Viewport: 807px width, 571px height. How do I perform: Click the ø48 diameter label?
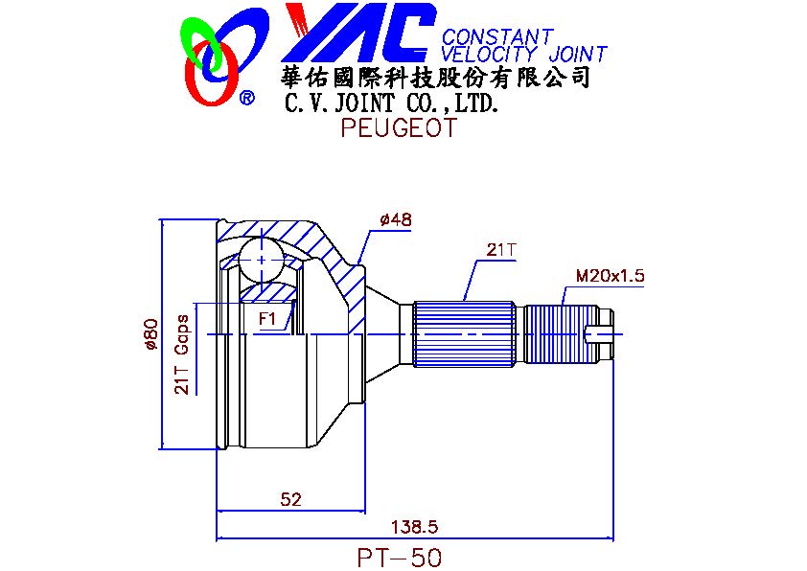click(395, 220)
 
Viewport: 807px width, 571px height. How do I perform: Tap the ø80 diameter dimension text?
click(150, 334)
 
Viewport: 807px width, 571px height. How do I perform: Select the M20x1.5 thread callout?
click(610, 276)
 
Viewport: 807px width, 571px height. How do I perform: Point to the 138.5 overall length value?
click(414, 527)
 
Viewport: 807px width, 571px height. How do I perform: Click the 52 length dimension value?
click(290, 499)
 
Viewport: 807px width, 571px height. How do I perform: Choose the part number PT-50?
click(400, 558)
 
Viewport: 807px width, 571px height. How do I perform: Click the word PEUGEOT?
click(399, 127)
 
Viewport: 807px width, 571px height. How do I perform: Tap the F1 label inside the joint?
click(267, 319)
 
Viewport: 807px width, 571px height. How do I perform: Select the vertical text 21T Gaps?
click(182, 354)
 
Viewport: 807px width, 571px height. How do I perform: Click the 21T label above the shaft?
click(500, 250)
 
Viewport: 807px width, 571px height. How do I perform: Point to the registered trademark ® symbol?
click(247, 97)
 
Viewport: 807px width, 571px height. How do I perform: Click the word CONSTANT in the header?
click(497, 36)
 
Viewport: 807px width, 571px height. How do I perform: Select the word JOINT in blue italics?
click(578, 54)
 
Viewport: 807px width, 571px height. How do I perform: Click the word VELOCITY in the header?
click(489, 54)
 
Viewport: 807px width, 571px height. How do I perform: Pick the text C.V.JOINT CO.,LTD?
click(392, 103)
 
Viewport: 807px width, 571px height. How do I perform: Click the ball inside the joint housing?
click(262, 261)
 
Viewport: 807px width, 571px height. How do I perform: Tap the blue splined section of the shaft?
click(464, 334)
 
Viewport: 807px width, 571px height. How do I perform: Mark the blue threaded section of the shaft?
click(561, 334)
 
